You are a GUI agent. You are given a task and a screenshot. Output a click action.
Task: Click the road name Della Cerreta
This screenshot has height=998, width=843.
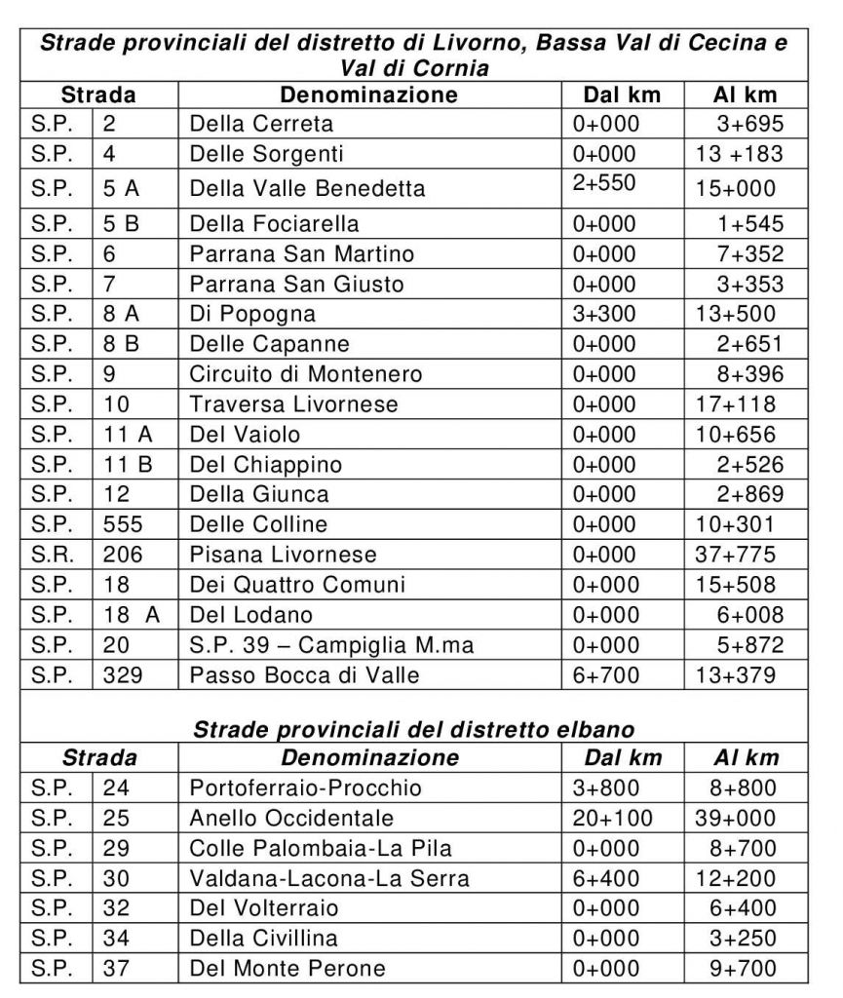tap(261, 124)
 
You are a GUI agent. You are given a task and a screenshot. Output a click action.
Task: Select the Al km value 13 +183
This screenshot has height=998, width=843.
tap(739, 154)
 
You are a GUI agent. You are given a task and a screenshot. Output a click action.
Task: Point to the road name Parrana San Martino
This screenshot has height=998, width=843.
tap(302, 254)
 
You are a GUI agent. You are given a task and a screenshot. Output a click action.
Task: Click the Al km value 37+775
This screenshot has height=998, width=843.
tap(736, 555)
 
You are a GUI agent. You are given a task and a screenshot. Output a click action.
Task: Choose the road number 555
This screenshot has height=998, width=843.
tap(123, 524)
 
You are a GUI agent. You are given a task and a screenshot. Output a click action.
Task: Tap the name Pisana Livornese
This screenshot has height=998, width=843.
tap(283, 555)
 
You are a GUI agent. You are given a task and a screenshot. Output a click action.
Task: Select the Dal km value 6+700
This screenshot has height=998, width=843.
tap(604, 674)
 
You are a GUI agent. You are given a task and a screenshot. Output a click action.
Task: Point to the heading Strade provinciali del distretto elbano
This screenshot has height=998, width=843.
tap(414, 729)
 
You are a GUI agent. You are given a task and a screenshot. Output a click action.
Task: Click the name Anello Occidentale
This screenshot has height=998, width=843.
tap(292, 818)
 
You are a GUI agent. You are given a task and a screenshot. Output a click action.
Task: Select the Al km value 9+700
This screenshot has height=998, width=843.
tap(744, 968)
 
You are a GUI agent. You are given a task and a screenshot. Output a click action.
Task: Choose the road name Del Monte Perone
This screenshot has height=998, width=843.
tap(287, 968)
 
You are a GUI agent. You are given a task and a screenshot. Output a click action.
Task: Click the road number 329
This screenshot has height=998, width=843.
tap(123, 674)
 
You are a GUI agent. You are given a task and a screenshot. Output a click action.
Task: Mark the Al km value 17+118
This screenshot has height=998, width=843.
tap(736, 403)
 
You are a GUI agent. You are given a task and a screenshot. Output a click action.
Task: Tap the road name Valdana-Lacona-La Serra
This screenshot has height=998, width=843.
tap(329, 878)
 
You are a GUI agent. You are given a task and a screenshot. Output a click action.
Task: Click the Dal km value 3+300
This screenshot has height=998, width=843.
tap(604, 314)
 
